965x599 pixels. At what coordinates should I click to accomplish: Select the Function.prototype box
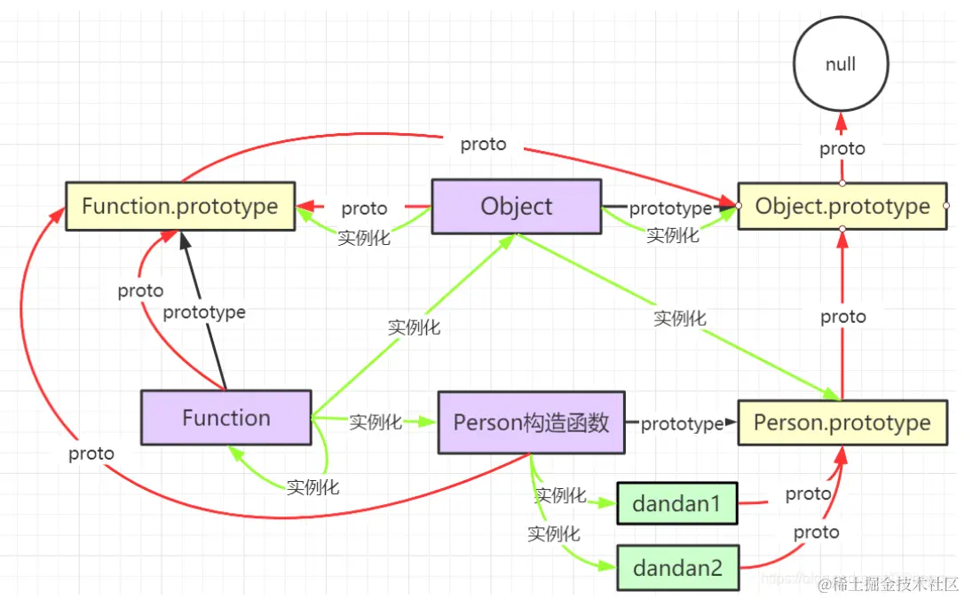pyautogui.click(x=179, y=207)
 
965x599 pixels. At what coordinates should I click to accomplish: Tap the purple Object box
pyautogui.click(x=516, y=207)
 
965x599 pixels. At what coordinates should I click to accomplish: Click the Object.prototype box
pyautogui.click(x=842, y=207)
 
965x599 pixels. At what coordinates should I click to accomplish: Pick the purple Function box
pyautogui.click(x=226, y=418)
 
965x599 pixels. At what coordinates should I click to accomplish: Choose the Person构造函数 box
pyautogui.click(x=531, y=422)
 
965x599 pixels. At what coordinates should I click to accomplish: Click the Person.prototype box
pyautogui.click(x=842, y=423)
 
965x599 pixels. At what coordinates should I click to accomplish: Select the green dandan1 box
pyautogui.click(x=676, y=504)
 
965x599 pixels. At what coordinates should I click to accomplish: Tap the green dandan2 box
pyautogui.click(x=677, y=568)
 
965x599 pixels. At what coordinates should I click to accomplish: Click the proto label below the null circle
pyautogui.click(x=842, y=149)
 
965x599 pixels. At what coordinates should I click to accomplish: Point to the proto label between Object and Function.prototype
pyautogui.click(x=364, y=209)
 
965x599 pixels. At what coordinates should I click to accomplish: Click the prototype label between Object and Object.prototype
pyautogui.click(x=670, y=209)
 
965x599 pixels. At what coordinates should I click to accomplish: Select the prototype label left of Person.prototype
pyautogui.click(x=681, y=424)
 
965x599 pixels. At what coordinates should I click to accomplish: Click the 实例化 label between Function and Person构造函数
pyautogui.click(x=376, y=422)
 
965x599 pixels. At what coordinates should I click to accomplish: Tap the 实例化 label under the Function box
pyautogui.click(x=312, y=486)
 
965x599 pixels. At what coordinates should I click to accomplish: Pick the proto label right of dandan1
pyautogui.click(x=808, y=493)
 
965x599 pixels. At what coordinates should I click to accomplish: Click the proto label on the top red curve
pyautogui.click(x=483, y=145)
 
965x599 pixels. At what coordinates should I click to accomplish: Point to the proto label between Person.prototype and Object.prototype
pyautogui.click(x=842, y=317)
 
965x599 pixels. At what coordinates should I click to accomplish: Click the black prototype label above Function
pyautogui.click(x=204, y=312)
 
